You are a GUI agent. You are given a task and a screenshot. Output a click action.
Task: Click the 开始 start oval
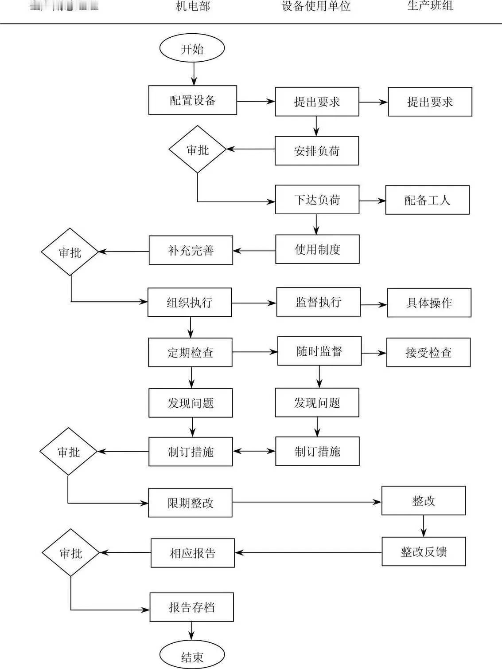(x=192, y=48)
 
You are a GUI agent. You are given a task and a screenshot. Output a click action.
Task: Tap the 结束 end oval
(x=192, y=655)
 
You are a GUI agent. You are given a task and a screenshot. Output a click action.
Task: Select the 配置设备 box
(x=192, y=100)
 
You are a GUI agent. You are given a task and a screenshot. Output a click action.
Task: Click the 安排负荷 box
(x=316, y=151)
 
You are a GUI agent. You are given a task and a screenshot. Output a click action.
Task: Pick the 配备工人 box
(x=427, y=200)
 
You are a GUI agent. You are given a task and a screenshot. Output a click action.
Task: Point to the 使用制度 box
(x=317, y=249)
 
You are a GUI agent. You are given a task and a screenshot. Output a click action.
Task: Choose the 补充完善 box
(x=191, y=250)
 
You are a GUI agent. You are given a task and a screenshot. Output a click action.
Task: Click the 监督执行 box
(x=318, y=302)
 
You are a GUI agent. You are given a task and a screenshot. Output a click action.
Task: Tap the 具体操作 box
(x=429, y=303)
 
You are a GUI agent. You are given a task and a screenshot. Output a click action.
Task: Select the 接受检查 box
(x=428, y=352)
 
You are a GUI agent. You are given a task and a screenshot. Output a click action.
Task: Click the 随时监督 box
(x=319, y=351)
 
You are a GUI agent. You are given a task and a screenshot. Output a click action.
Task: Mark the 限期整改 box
(x=190, y=503)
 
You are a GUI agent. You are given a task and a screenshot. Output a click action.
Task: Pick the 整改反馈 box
(x=424, y=551)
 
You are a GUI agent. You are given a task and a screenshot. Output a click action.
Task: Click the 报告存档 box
(x=191, y=607)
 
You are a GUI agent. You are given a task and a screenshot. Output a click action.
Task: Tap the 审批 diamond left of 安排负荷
(x=197, y=150)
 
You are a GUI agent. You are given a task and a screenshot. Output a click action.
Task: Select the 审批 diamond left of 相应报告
(x=70, y=553)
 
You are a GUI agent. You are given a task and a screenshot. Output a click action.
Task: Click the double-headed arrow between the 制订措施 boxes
(x=254, y=451)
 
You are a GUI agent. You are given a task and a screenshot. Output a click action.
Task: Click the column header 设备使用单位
(x=316, y=6)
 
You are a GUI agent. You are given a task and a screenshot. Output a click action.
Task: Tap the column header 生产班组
(x=429, y=6)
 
